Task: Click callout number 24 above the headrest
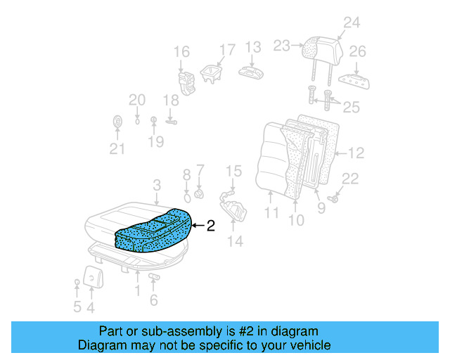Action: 351,22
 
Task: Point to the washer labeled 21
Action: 117,123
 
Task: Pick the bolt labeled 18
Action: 171,121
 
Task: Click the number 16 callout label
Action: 181,51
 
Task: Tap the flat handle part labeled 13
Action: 250,72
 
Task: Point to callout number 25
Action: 351,106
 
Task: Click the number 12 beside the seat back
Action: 356,152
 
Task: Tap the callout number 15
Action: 233,171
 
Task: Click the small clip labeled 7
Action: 199,193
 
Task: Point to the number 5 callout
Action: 77,307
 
